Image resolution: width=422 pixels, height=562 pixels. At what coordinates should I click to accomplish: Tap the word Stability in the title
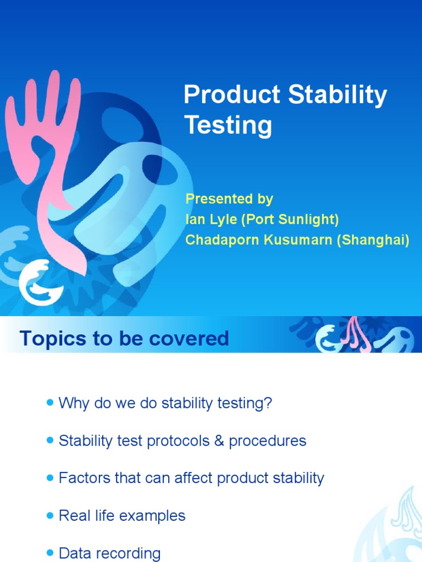[338, 95]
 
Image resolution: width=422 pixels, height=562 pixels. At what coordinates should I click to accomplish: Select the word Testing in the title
[227, 125]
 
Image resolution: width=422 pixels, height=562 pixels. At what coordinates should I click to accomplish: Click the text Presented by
[229, 199]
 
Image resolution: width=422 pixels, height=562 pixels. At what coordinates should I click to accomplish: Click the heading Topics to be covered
[124, 339]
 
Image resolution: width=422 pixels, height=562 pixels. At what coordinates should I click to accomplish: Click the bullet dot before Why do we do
[51, 403]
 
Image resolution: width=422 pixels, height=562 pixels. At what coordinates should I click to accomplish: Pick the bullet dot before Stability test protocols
[51, 441]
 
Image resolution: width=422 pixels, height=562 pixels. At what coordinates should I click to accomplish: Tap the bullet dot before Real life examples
[51, 515]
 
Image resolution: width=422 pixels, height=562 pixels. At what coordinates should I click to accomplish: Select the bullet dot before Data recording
[51, 553]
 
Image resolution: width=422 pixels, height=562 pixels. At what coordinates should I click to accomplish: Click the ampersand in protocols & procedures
[219, 441]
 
